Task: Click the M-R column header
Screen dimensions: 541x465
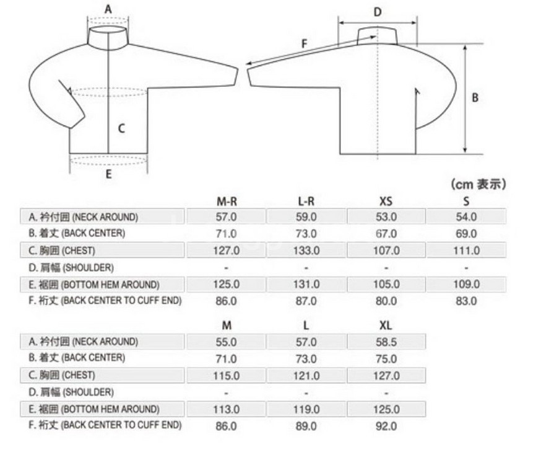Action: coord(227,201)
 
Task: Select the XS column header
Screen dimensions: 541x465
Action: coord(386,201)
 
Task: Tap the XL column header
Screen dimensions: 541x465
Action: coord(386,325)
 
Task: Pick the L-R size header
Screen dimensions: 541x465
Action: coord(306,201)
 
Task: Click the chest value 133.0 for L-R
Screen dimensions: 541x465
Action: coord(306,250)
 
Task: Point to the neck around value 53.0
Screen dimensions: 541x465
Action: coord(386,217)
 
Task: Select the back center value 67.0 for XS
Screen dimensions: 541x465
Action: coord(386,234)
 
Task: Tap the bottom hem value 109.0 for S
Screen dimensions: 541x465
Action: coord(466,285)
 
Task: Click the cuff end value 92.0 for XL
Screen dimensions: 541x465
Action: coord(386,426)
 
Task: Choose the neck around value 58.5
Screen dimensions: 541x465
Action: coord(386,342)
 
